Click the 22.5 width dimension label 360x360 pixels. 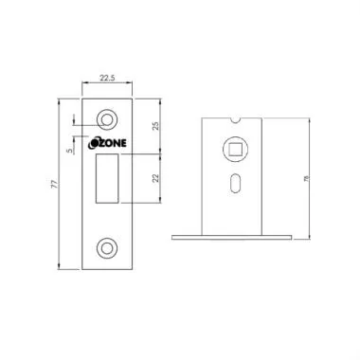(107, 80)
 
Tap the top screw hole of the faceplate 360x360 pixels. (107, 119)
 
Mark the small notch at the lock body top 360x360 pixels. (233, 119)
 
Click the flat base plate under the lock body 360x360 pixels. (233, 233)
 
